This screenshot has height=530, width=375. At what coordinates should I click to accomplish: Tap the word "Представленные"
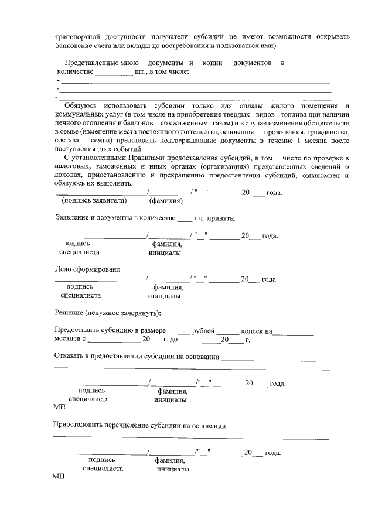click(92, 62)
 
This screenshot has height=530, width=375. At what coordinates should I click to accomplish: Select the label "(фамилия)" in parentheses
click(166, 201)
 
